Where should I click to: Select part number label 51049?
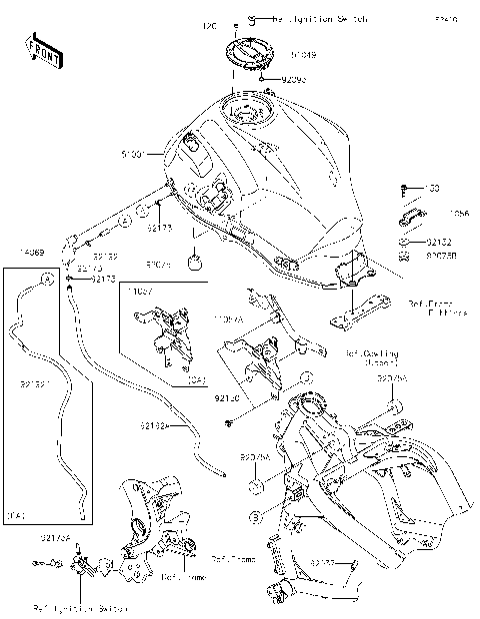pyautogui.click(x=306, y=57)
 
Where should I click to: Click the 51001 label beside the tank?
pyautogui.click(x=133, y=155)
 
